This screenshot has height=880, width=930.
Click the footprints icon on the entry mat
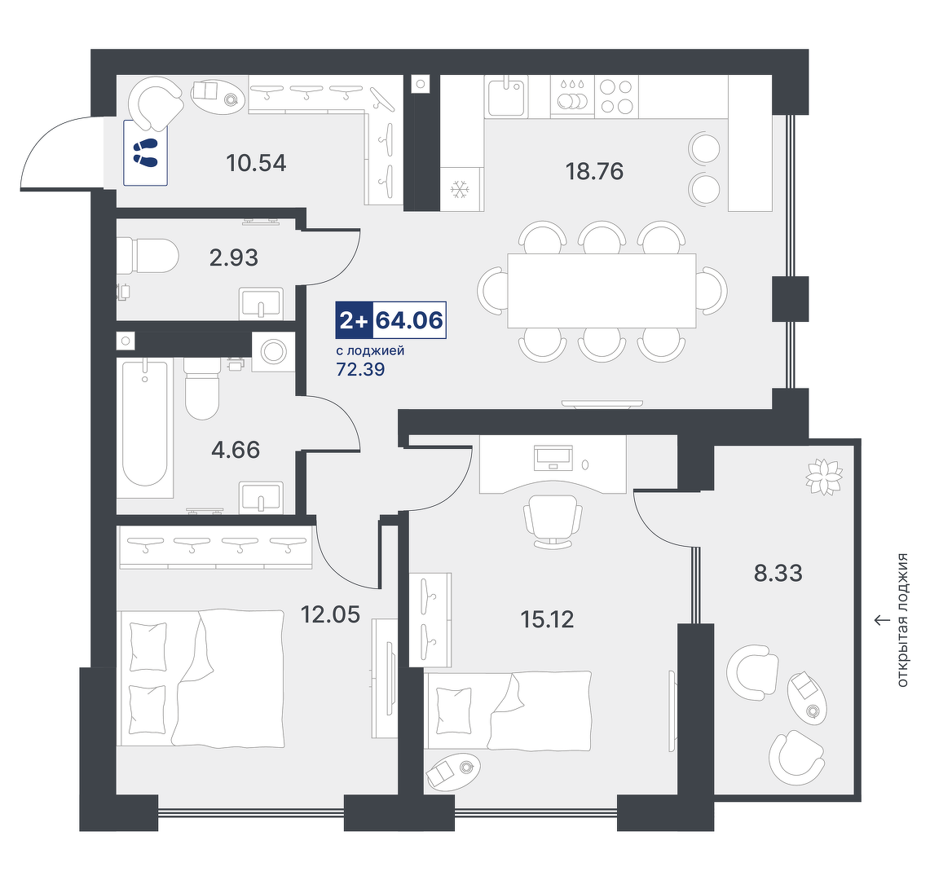145,152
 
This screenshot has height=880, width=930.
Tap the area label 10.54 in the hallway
256,163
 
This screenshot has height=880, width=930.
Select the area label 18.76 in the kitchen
594,171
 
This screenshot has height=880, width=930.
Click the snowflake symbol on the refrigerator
460,190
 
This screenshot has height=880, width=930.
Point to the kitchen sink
506,96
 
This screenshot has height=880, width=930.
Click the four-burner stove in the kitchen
616,96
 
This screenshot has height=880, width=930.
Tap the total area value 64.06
410,320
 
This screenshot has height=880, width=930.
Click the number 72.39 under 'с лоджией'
360,369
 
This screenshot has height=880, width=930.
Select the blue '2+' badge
355,320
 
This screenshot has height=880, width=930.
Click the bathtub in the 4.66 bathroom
145,424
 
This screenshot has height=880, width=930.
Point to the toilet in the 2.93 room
148,256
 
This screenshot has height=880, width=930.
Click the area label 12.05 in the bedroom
330,614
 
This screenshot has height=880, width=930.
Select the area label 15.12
547,620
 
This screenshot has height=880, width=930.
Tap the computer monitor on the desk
553,457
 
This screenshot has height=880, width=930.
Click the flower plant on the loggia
824,477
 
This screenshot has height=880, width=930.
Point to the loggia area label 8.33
778,574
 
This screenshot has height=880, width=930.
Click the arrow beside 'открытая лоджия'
882,620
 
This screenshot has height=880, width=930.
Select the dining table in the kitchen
602,291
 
